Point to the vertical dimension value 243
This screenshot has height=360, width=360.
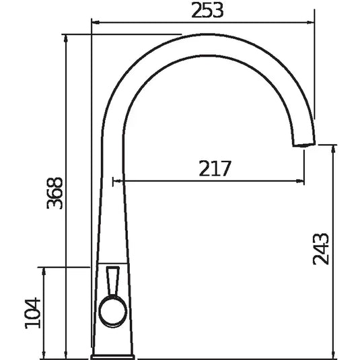322,249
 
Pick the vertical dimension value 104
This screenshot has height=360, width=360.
33,314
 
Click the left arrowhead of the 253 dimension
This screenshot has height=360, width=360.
95,22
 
